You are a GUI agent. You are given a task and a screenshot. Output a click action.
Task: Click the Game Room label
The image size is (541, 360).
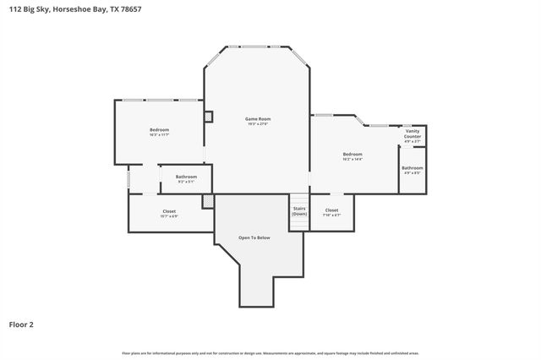[x=258, y=119]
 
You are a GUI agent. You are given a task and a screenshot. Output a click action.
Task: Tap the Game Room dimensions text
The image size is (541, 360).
[x=258, y=124]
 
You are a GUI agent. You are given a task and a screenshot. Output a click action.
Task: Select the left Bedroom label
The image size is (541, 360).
[x=159, y=129]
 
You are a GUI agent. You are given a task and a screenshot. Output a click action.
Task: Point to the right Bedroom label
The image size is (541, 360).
[x=352, y=154]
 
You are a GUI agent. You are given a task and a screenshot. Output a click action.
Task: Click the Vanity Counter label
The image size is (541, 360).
[x=413, y=134]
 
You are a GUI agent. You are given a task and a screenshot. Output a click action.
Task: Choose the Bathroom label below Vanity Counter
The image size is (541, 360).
[x=413, y=168]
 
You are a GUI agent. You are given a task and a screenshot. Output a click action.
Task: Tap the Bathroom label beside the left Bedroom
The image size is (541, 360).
[x=186, y=177]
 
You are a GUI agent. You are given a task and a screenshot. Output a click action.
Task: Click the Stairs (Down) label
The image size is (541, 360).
[x=299, y=211]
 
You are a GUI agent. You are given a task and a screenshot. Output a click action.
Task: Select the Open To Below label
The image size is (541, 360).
[x=254, y=237]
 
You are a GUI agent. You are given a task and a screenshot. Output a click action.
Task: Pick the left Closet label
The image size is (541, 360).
[x=169, y=210]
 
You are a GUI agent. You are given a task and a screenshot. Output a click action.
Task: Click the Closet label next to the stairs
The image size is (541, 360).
[x=331, y=210]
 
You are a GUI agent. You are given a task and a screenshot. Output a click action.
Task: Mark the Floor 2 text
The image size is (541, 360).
[x=21, y=324]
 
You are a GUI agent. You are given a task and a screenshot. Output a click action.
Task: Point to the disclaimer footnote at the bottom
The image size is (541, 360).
[x=270, y=352]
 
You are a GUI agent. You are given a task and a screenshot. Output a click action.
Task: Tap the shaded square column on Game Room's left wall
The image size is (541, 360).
[x=208, y=117]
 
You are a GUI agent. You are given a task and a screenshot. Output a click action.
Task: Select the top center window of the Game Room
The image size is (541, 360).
[x=258, y=46]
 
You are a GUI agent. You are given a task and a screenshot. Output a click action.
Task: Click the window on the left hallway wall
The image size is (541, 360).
[x=128, y=180]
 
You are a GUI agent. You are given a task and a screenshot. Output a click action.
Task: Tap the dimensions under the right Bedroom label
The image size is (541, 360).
[x=352, y=159]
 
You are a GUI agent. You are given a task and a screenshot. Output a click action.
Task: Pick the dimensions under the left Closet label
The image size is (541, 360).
[x=169, y=215]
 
